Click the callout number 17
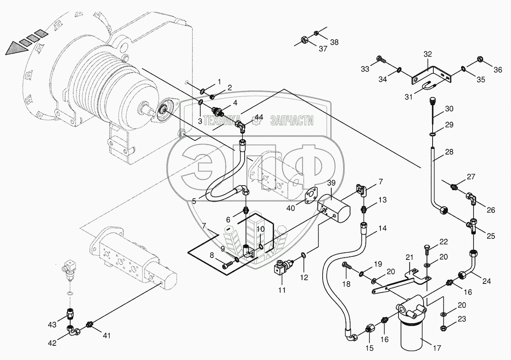coord(437,348)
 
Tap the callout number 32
coord(428,54)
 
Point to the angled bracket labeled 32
coord(431,75)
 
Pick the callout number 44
coord(259,118)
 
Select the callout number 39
coord(331,183)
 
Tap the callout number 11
coord(282,290)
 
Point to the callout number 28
coord(449,152)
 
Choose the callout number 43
coord(52,324)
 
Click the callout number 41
coord(107,336)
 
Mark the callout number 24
coord(486,281)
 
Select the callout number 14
coord(382,228)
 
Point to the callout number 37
coord(323,49)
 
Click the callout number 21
coord(409,257)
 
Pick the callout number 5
coord(194,201)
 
